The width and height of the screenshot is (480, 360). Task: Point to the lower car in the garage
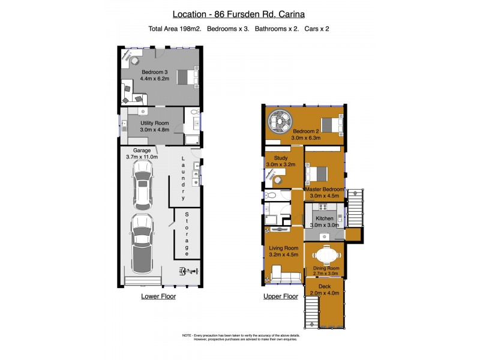point(142,242)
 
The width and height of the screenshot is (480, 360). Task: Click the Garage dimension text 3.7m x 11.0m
point(142,157)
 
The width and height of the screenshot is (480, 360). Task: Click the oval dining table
point(325,256)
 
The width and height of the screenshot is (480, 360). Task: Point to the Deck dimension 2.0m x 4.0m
point(325,293)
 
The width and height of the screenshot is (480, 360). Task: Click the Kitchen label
point(325,218)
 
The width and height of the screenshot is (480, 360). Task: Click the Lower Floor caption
point(158,296)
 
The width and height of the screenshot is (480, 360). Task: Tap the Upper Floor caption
point(281,296)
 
